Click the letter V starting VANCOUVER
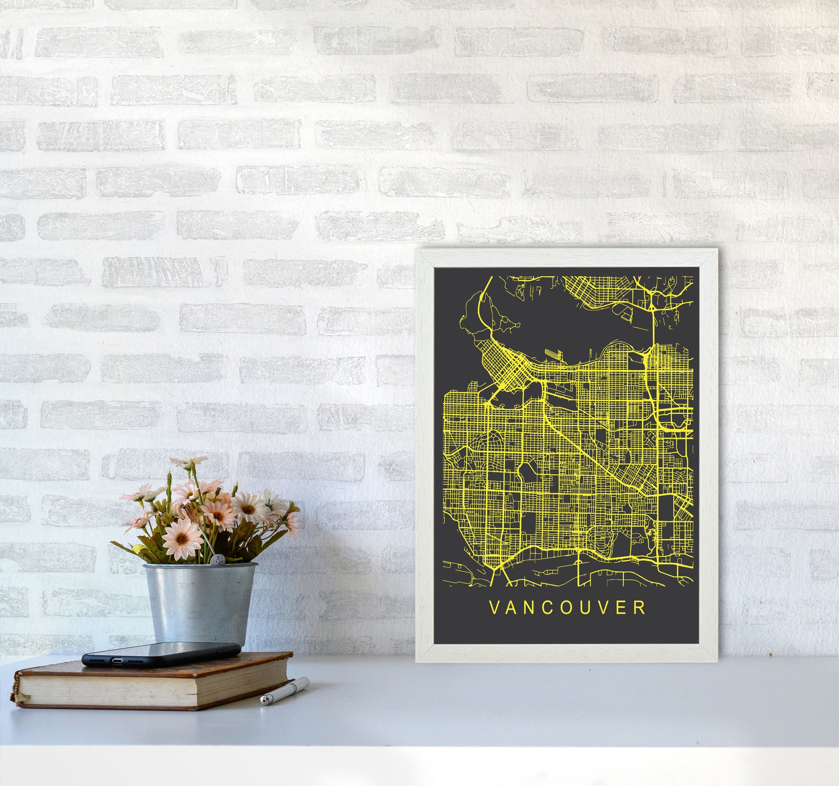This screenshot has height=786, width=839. [x=494, y=608]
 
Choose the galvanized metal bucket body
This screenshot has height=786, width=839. [x=198, y=603]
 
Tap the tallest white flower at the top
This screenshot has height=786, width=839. [x=188, y=462]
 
